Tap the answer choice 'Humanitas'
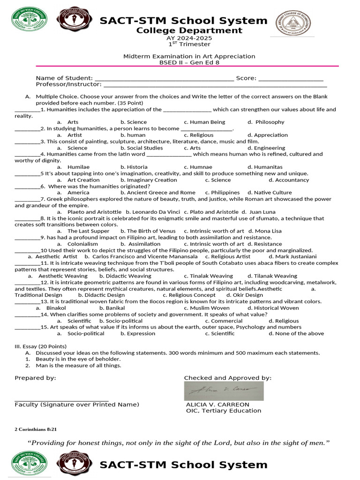pos(268,167)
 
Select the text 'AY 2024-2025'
pos(189,38)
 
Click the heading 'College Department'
pos(189,31)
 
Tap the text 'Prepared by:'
pos(35,378)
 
